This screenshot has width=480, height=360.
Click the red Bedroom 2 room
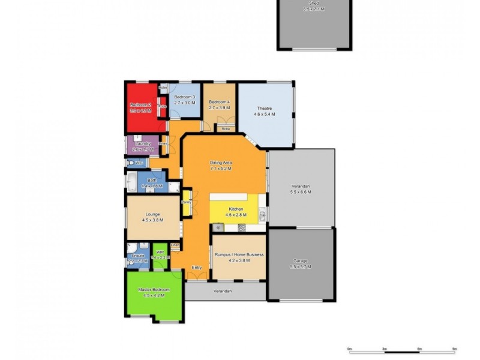click(141, 108)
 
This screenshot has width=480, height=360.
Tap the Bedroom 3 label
click(184, 97)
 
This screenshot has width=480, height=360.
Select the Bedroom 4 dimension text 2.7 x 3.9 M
click(220, 107)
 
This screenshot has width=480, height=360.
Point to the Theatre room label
click(265, 108)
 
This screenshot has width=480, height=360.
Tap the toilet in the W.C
click(130, 163)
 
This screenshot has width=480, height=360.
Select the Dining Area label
click(221, 163)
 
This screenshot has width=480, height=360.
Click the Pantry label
click(186, 202)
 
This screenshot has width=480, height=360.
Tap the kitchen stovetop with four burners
click(241, 227)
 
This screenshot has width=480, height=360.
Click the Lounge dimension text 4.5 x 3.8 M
click(152, 220)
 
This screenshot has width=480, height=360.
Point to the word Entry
click(196, 267)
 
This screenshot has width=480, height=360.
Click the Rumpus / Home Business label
click(239, 254)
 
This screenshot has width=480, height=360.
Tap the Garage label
click(300, 261)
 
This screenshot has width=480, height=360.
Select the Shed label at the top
click(313, 4)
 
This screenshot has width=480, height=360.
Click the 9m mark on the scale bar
click(455, 348)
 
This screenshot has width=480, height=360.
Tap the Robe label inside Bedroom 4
click(225, 129)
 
